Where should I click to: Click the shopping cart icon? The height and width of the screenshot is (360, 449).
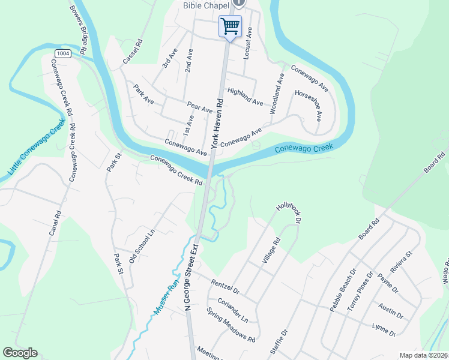click(230, 26)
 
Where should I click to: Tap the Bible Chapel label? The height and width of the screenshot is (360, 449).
click(206, 5)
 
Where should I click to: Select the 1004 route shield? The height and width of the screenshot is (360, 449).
click(62, 53)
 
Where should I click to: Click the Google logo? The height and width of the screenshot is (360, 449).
click(20, 353)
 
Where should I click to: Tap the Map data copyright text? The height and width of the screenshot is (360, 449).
click(424, 355)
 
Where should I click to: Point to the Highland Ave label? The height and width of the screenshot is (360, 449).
click(245, 98)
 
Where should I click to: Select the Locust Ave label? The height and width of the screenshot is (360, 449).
click(247, 43)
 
